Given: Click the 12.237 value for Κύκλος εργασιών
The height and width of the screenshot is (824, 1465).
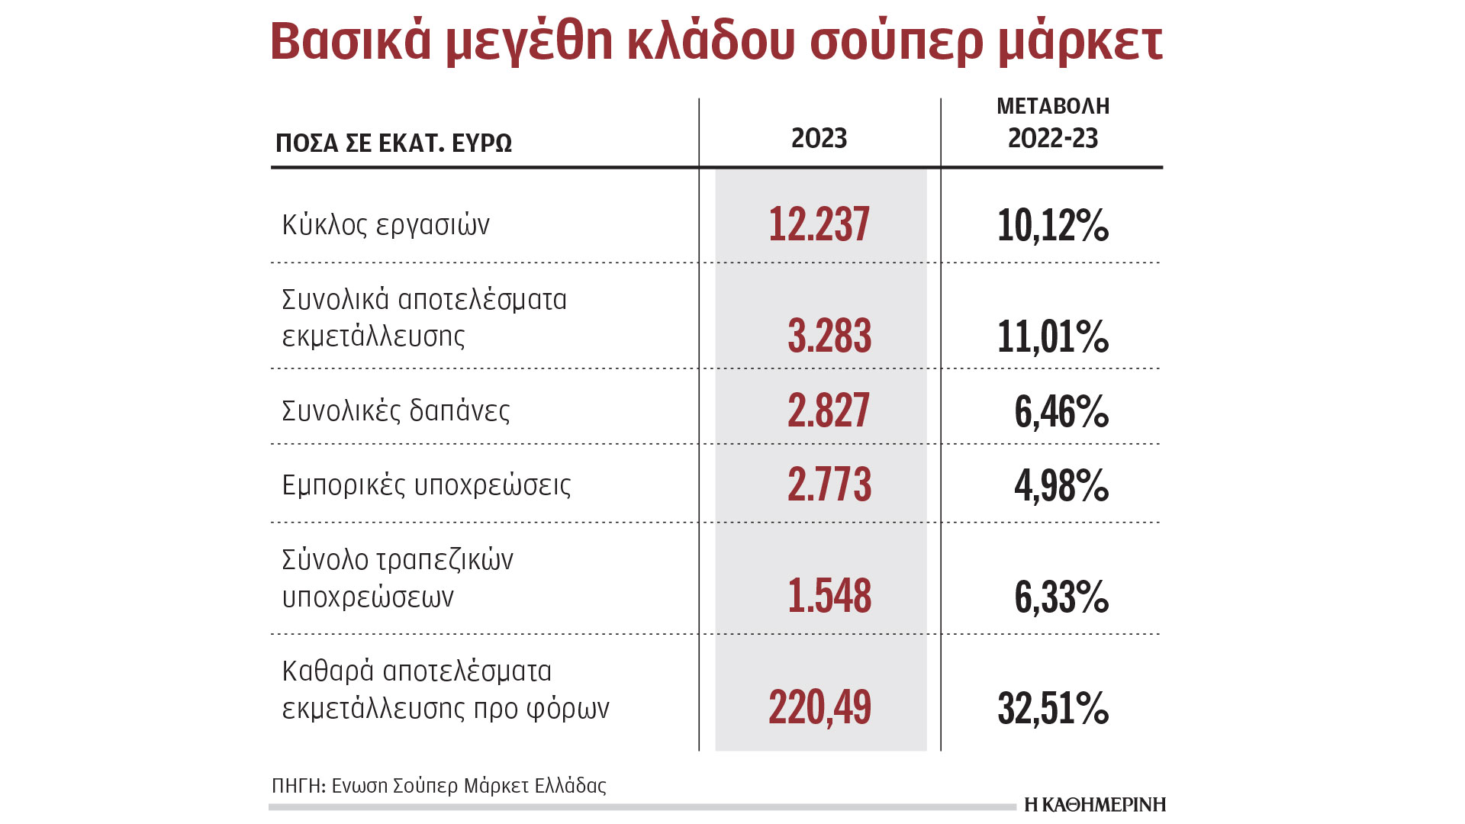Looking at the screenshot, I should (819, 224).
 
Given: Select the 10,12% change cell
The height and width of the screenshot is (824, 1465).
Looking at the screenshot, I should (1053, 226).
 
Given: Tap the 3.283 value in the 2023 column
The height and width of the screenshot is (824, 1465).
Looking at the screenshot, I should (829, 336).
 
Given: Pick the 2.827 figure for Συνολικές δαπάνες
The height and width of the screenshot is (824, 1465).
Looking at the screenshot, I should (829, 410).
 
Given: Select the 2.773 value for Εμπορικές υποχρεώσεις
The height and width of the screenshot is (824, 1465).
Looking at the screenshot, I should (829, 485).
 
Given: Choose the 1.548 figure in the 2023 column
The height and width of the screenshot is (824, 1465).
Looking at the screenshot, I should (829, 596).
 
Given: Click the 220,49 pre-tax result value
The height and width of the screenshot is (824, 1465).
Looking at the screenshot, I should (819, 707).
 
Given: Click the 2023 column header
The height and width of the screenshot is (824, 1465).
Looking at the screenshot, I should (819, 138).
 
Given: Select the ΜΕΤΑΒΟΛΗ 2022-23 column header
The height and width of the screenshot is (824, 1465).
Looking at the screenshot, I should (1053, 123).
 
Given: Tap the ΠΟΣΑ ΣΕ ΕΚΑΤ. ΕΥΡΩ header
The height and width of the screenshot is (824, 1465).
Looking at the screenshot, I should (394, 143).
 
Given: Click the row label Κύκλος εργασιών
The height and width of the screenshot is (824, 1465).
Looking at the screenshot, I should (385, 225).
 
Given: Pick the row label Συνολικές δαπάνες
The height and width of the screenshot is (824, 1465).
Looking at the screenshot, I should (395, 411).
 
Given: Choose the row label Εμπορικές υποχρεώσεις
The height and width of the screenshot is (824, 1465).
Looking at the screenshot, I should (426, 485).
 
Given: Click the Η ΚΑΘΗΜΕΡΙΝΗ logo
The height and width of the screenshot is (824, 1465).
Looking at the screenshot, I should (1094, 805).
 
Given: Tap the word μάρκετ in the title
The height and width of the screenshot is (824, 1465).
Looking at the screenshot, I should (1080, 43).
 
